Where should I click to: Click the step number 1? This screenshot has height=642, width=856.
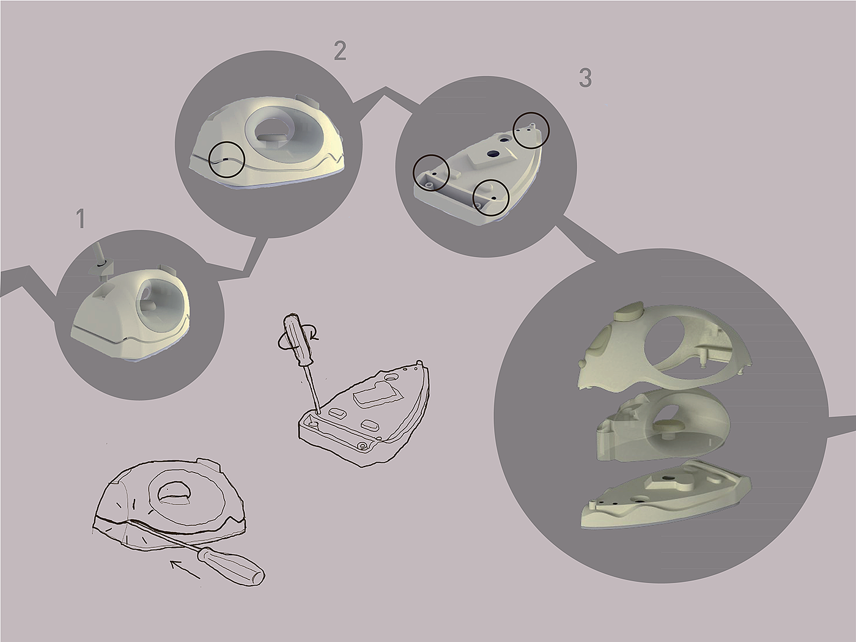coord(80,219)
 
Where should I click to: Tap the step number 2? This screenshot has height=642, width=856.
coord(340,51)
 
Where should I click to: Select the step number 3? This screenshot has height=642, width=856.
coord(585,78)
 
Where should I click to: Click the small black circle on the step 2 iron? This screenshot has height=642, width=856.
coord(227,161)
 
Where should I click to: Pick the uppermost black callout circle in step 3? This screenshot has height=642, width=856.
coord(531,130)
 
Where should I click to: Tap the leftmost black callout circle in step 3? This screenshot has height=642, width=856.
coord(432,172)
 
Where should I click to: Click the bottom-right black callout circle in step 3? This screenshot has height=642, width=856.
coord(491,197)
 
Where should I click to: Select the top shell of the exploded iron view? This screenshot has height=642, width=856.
coord(664,352)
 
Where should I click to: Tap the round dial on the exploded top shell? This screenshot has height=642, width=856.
coord(628,314)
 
